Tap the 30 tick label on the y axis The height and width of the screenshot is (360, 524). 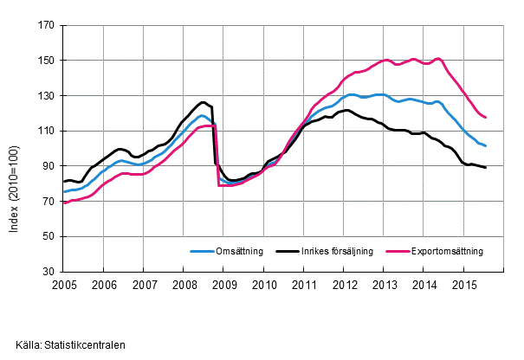click(x=49, y=271)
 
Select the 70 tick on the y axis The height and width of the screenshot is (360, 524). click(x=49, y=201)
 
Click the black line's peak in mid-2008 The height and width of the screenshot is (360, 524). click(x=203, y=102)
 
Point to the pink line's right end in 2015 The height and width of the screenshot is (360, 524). click(x=486, y=117)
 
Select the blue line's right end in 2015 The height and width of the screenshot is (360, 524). click(x=486, y=145)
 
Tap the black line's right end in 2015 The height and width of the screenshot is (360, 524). click(x=486, y=167)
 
